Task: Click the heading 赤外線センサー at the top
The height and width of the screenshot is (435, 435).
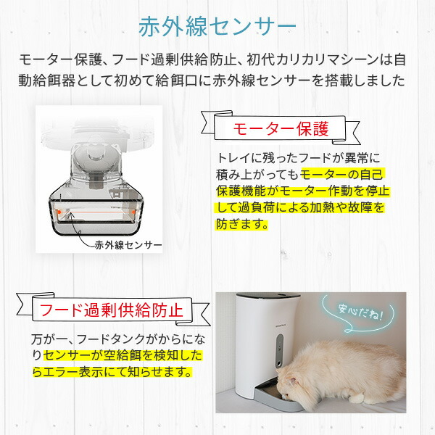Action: (x=217, y=26)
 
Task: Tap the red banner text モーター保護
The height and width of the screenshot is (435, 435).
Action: (x=281, y=130)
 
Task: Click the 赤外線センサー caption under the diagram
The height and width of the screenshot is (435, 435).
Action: (x=128, y=245)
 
